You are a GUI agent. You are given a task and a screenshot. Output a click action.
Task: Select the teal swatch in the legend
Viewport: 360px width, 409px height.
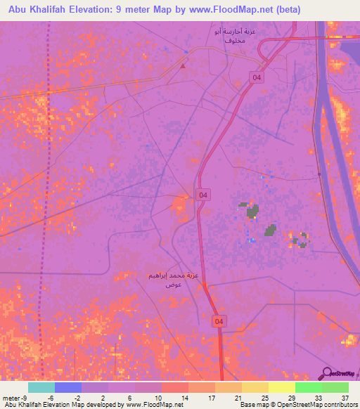(41, 387)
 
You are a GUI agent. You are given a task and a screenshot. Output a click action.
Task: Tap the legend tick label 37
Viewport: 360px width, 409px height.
(345, 398)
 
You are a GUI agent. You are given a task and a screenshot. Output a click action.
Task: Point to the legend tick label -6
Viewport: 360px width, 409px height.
(51, 398)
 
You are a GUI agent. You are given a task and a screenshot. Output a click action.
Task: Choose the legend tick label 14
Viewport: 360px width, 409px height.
(185, 398)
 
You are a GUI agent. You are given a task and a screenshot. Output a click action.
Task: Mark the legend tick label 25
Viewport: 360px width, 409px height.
(265, 398)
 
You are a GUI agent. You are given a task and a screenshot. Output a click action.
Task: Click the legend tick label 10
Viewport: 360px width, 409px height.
(158, 398)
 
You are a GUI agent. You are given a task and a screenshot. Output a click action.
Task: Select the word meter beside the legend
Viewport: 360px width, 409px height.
(12, 398)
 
